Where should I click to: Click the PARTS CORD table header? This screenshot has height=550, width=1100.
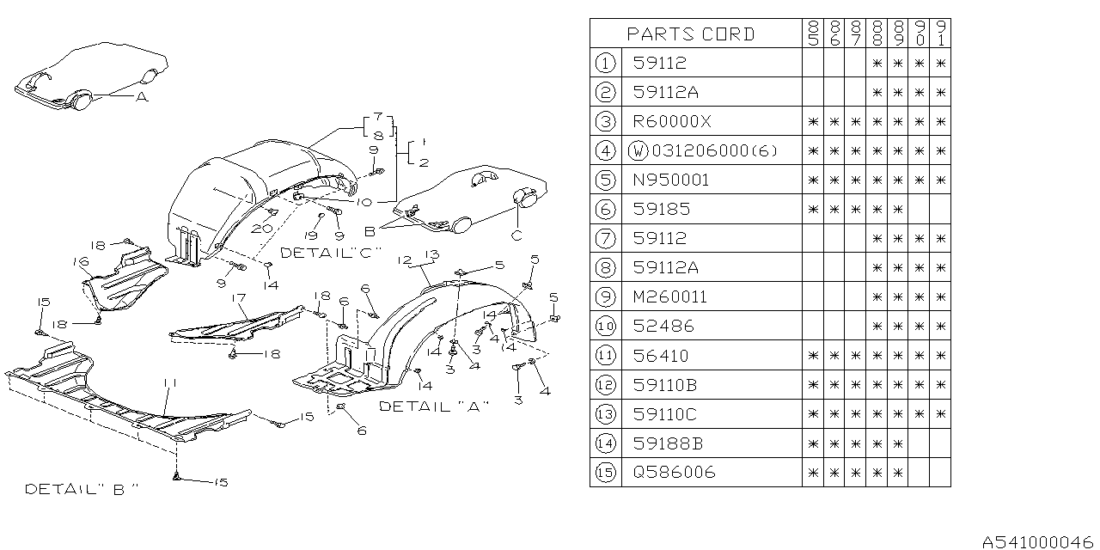point(691,34)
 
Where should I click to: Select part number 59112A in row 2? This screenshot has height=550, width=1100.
point(665,92)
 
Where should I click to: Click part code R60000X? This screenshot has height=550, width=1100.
point(672,122)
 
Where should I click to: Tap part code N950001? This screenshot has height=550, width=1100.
point(672,180)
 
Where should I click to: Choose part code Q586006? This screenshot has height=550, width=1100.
point(674,473)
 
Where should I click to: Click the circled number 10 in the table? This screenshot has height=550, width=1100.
point(606,327)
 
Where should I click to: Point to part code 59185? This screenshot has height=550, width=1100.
point(660,210)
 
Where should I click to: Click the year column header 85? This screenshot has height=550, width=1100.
point(813,34)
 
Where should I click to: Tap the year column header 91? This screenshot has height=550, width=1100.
point(941,34)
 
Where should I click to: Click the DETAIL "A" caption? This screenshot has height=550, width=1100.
point(434,406)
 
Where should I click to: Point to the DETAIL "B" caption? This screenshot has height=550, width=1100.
point(82,488)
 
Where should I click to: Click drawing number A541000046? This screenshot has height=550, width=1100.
point(1038,541)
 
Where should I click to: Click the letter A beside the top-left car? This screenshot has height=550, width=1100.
point(141,97)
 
